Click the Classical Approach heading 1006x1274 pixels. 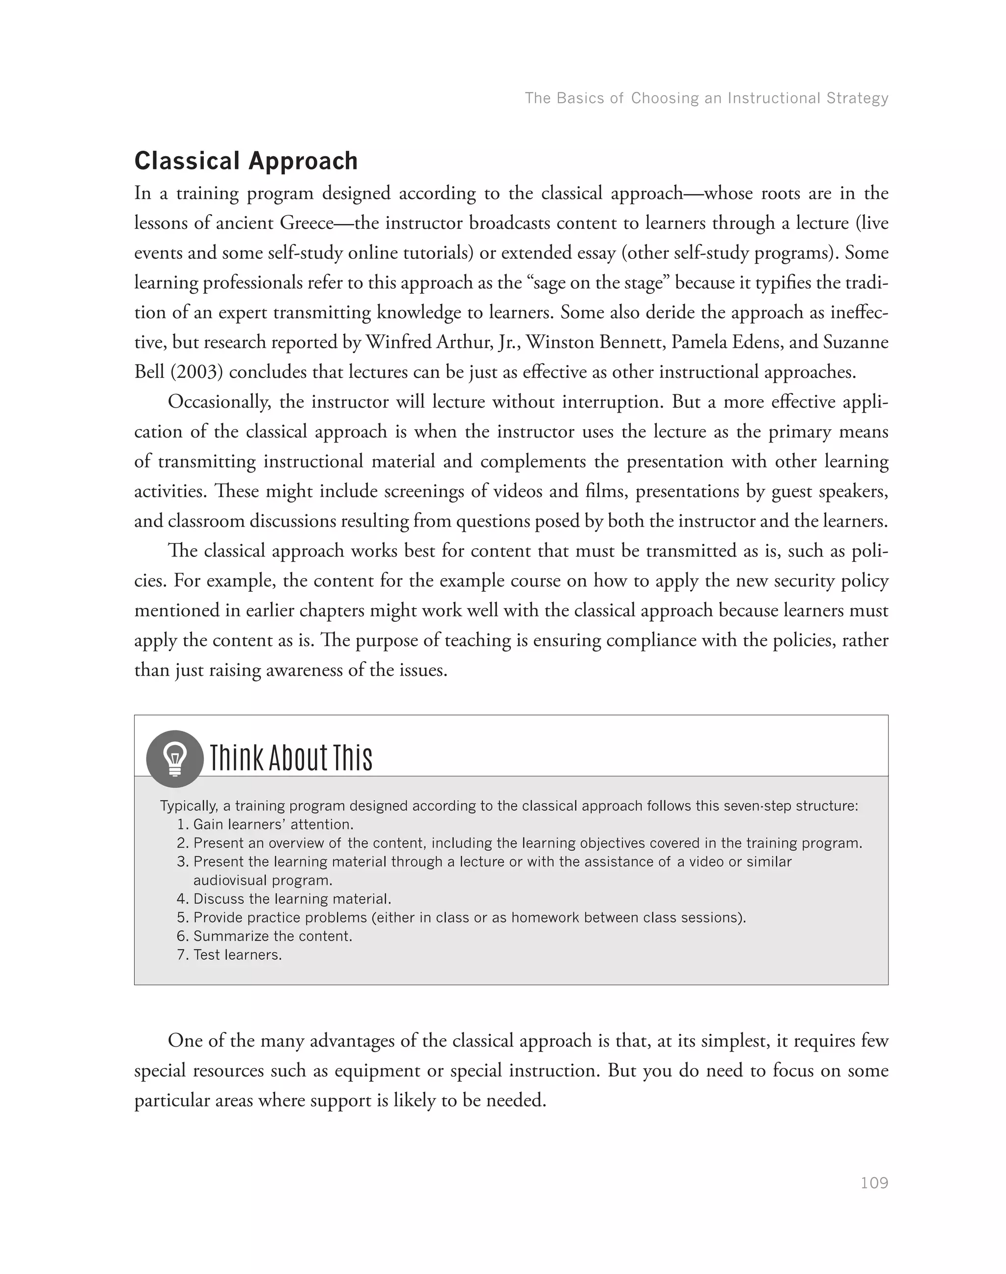pyautogui.click(x=246, y=161)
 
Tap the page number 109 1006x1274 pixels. pyautogui.click(x=873, y=1183)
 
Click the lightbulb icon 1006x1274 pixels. pyautogui.click(x=175, y=759)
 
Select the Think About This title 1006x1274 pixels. pyautogui.click(x=291, y=758)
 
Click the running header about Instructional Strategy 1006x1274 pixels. pyautogui.click(x=706, y=98)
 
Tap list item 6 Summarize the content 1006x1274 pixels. pyautogui.click(x=272, y=936)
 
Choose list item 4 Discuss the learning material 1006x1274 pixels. pyautogui.click(x=292, y=899)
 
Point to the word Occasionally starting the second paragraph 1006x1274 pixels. pyautogui.click(x=219, y=402)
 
